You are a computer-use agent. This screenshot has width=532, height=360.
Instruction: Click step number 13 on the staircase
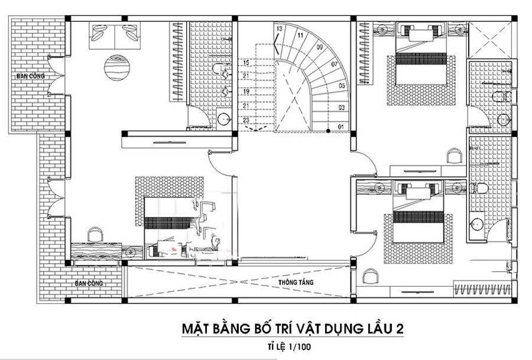point(279,28)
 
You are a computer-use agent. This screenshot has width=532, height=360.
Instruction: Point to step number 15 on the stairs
point(246,63)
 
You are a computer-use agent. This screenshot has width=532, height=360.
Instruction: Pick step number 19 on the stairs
point(246,92)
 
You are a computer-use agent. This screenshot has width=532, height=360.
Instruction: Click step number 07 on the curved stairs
point(334,64)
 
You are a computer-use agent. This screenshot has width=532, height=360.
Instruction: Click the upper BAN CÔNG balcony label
point(31,76)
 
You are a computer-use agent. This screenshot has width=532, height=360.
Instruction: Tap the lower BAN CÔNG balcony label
point(89,284)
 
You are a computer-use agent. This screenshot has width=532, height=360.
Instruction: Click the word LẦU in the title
point(378,328)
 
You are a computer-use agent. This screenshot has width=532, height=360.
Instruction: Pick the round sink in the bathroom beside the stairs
point(223,118)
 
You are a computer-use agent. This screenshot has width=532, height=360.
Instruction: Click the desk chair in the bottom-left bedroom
point(93,235)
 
